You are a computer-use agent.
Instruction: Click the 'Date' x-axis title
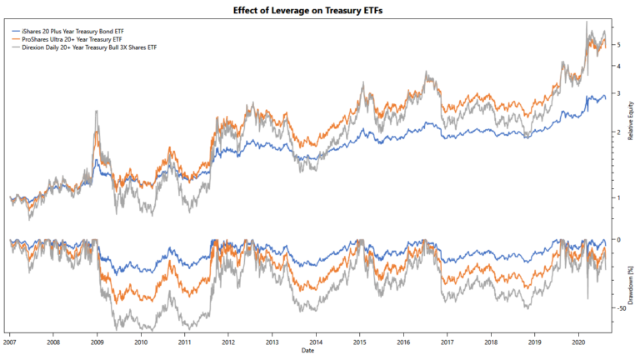coord(309,352)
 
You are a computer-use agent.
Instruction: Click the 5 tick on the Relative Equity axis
coord(617,44)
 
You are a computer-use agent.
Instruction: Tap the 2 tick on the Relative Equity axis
coord(617,132)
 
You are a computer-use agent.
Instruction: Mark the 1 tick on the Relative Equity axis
coord(617,197)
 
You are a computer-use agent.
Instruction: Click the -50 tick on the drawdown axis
coord(620,308)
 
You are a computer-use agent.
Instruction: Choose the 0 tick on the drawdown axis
coord(617,240)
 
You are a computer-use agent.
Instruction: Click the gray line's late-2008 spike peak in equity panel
coord(97,110)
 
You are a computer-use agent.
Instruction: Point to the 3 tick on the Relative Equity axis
coord(617,93)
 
